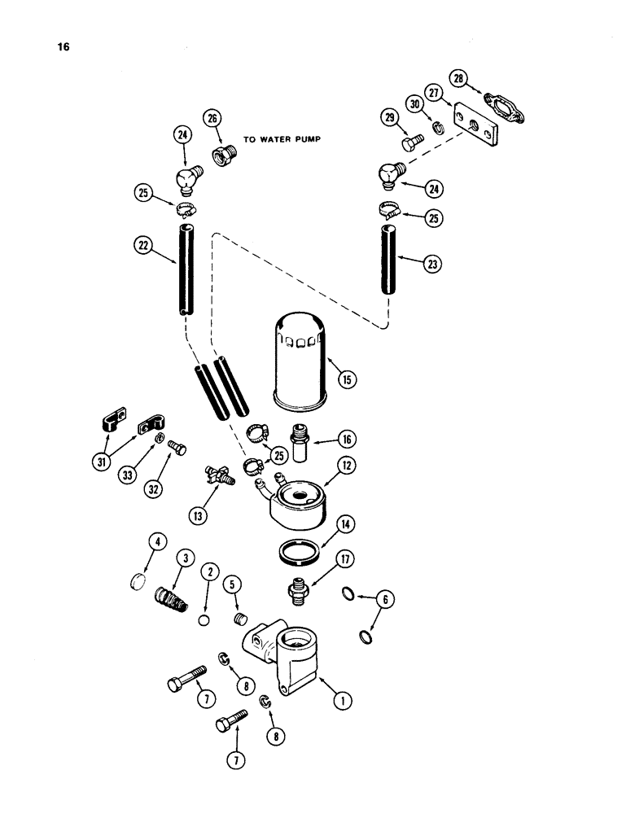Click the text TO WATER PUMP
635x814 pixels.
[282, 139]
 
